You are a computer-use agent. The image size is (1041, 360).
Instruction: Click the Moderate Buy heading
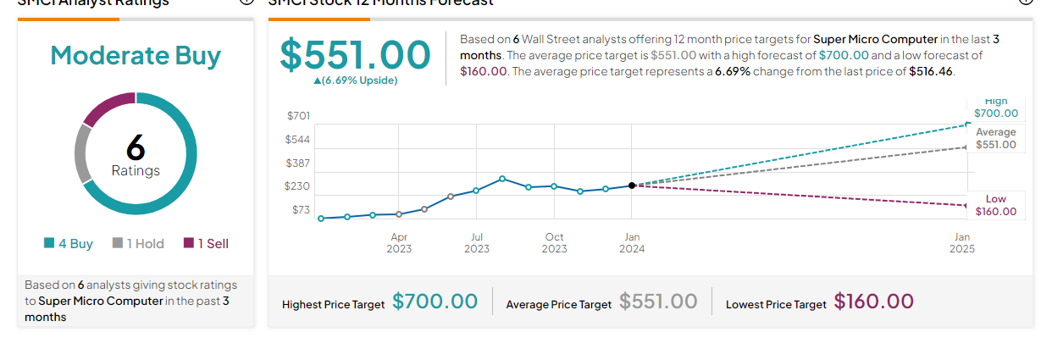[136, 56]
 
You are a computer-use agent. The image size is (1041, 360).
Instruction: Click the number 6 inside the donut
[136, 148]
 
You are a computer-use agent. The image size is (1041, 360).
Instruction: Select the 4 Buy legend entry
[69, 244]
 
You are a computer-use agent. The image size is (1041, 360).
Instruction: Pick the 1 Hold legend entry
[138, 244]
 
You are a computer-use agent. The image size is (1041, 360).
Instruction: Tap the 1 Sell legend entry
[206, 244]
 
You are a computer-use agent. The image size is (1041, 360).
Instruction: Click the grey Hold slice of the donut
[82, 153]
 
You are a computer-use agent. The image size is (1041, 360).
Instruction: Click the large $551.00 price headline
[356, 54]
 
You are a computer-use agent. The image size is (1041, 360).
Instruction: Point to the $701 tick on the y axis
[298, 115]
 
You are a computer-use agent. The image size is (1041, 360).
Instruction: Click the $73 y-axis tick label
[301, 209]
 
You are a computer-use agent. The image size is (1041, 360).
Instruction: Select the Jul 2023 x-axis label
[477, 242]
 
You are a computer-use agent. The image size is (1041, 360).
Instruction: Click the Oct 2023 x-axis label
[554, 242]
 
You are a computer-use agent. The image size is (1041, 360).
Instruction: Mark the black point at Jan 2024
[632, 186]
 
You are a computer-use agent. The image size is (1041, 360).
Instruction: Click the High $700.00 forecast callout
[995, 108]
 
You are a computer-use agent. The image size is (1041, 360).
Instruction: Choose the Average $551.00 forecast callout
[995, 139]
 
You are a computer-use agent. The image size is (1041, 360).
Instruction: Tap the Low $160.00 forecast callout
[995, 205]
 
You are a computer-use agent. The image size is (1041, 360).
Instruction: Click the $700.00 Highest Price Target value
[435, 302]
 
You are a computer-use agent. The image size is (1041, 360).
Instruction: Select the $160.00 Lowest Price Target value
[873, 302]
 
